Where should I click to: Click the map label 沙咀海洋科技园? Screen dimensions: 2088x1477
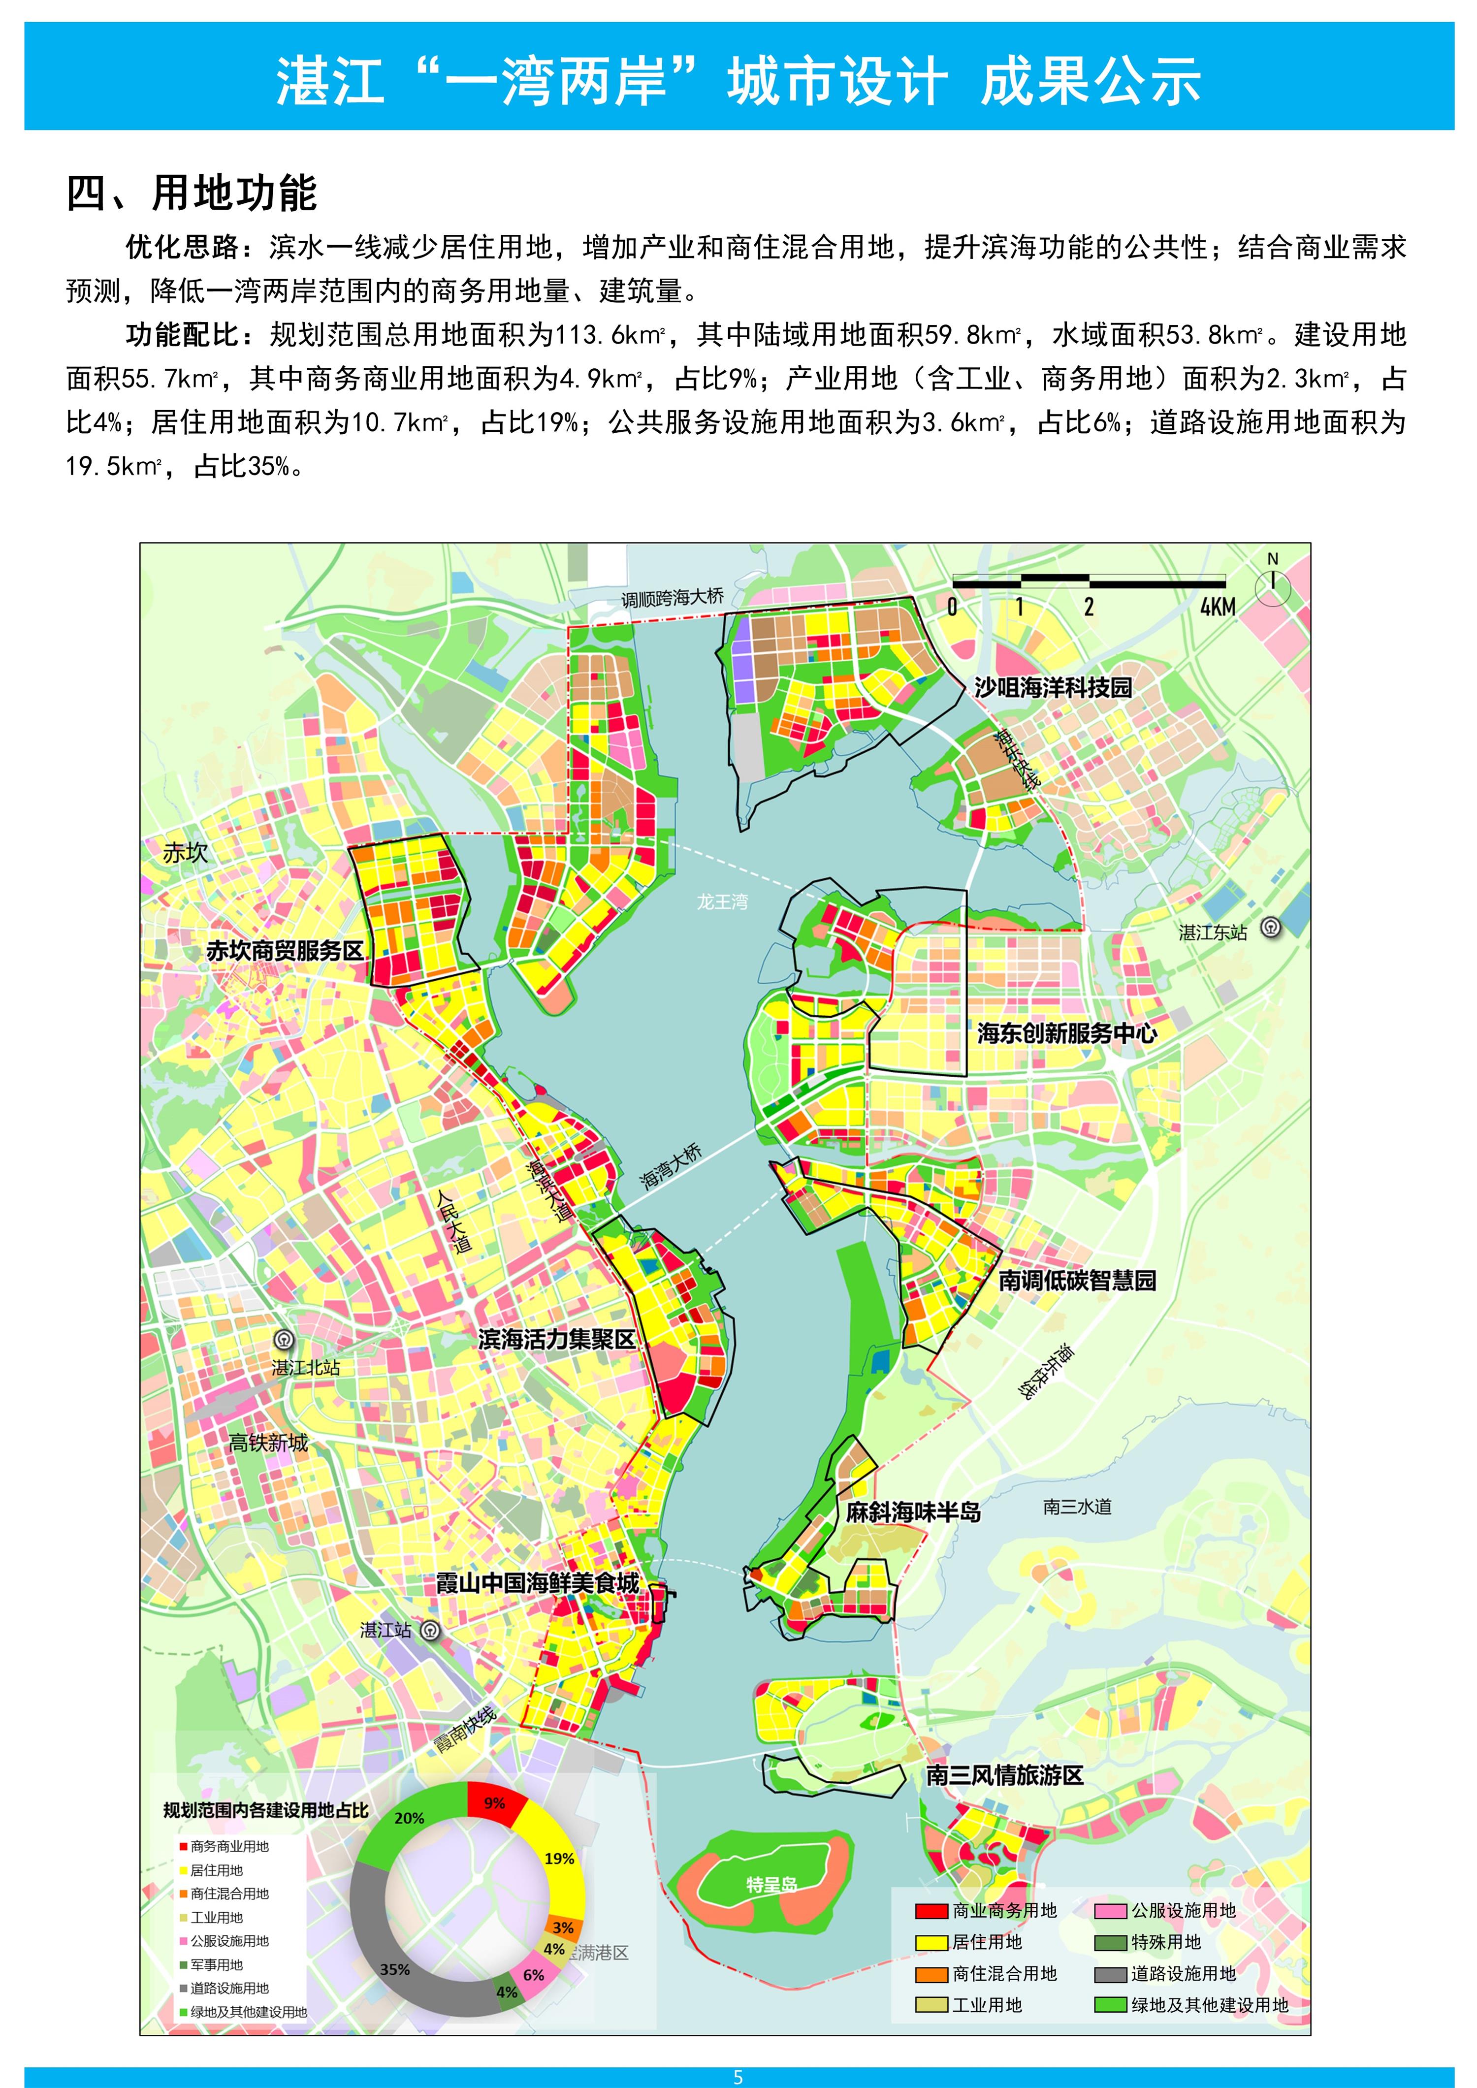[x=1053, y=687]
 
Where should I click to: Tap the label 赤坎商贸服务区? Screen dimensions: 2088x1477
[x=285, y=951]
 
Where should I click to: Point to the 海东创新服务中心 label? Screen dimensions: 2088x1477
[x=1067, y=1033]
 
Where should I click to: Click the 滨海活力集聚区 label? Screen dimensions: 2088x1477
[x=557, y=1340]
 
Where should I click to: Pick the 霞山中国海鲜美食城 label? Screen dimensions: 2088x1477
[x=538, y=1583]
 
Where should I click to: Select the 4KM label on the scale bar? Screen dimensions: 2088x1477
[x=1217, y=607]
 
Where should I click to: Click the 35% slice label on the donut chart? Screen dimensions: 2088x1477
[x=395, y=1970]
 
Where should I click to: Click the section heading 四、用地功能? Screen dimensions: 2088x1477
[x=191, y=193]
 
